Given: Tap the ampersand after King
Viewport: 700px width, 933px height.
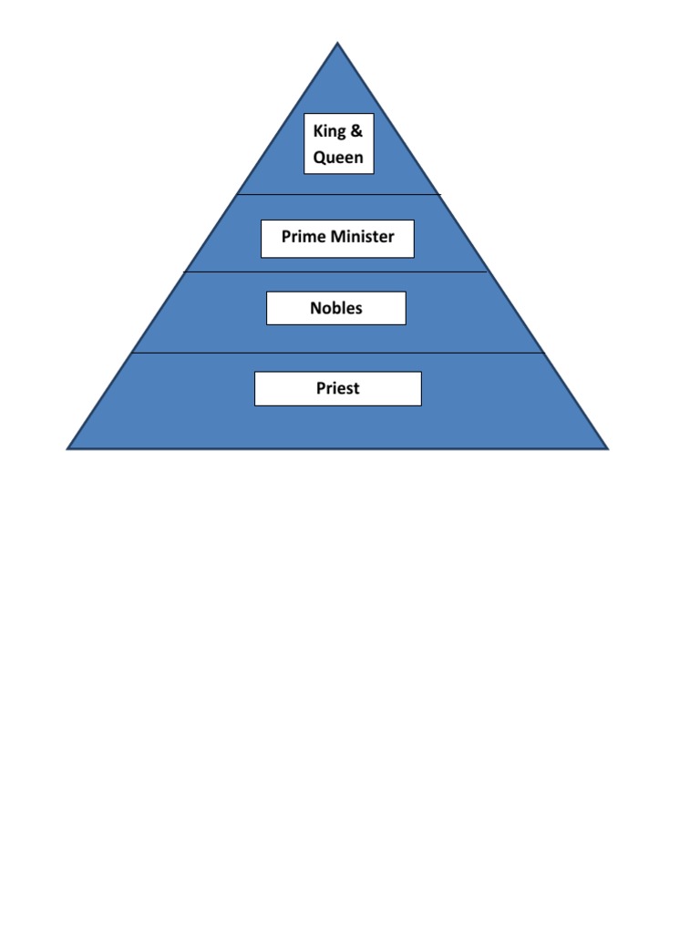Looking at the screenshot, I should [356, 130].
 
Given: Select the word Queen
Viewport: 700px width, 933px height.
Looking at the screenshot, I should [338, 157].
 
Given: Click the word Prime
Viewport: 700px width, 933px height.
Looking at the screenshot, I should [302, 237].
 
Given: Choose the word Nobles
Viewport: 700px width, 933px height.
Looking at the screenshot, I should [336, 308].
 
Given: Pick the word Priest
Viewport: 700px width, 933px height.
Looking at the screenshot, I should [338, 388].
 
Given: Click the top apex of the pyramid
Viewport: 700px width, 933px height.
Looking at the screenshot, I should [337, 43].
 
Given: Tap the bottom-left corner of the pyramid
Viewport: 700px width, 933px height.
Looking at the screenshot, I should [68, 448].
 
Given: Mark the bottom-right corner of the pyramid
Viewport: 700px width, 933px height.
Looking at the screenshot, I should [607, 448].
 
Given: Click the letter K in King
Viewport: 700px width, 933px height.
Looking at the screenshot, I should [317, 131].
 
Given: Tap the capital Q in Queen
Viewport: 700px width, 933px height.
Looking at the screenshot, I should [319, 157].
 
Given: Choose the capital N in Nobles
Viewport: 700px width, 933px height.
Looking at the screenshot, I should [315, 308].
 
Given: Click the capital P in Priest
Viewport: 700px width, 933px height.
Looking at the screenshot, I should [321, 388].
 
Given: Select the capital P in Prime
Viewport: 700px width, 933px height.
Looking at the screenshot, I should [286, 237].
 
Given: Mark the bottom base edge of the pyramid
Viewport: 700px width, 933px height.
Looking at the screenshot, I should [338, 448].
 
